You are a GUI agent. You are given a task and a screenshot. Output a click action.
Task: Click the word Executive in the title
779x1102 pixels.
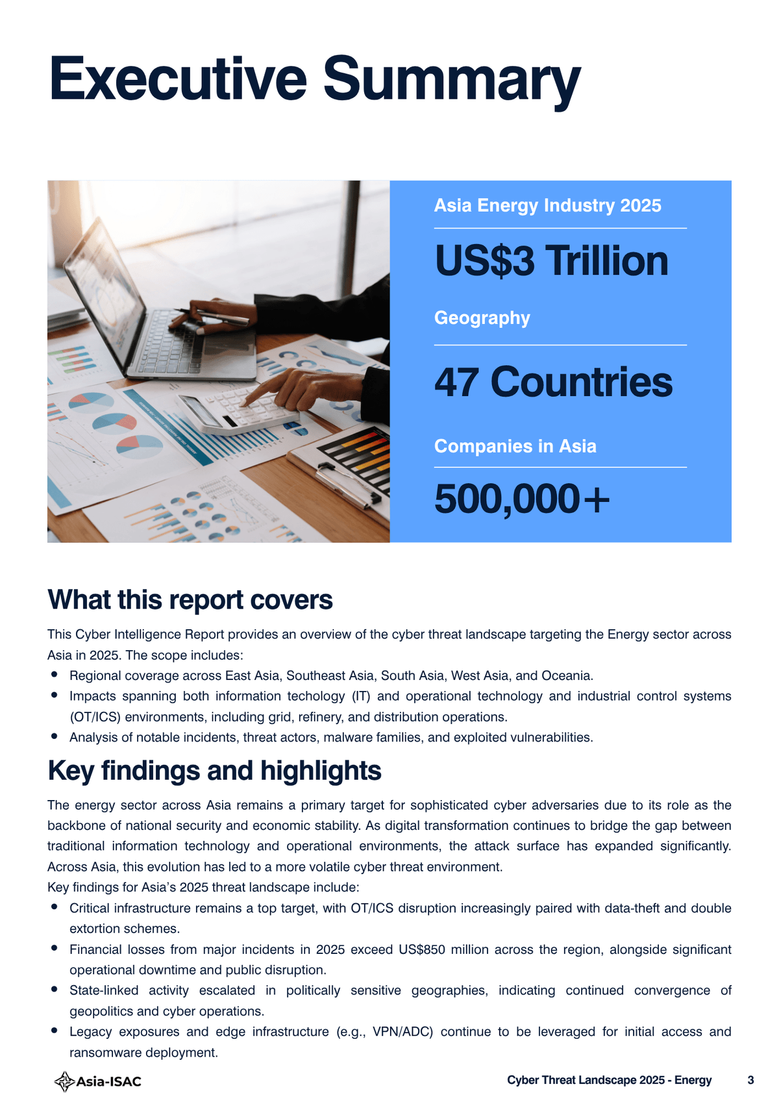[177, 79]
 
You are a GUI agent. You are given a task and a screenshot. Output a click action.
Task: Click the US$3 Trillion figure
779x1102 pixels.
[551, 261]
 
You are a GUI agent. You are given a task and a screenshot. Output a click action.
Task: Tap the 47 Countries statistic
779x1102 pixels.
[553, 382]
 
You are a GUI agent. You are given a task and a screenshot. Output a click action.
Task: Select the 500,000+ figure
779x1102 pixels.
[522, 499]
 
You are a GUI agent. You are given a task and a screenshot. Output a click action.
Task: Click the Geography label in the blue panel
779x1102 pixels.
[482, 318]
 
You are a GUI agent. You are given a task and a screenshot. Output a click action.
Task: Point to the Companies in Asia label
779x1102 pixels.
[515, 446]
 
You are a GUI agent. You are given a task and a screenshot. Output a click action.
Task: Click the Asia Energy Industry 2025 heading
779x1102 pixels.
[547, 206]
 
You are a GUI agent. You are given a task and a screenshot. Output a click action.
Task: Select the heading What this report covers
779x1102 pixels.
[190, 600]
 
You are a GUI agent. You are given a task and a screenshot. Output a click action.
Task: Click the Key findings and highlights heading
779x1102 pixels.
[214, 771]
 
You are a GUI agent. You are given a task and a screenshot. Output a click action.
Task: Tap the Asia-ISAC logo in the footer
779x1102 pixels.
[98, 1081]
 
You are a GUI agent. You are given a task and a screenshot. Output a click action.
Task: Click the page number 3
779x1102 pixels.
[750, 1081]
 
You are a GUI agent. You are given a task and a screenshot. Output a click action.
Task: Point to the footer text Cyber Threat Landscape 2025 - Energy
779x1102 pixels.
[609, 1081]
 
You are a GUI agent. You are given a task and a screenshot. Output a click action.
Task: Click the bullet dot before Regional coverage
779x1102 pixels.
[55, 675]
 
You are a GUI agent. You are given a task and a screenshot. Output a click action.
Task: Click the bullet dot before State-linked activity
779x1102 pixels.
[55, 990]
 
